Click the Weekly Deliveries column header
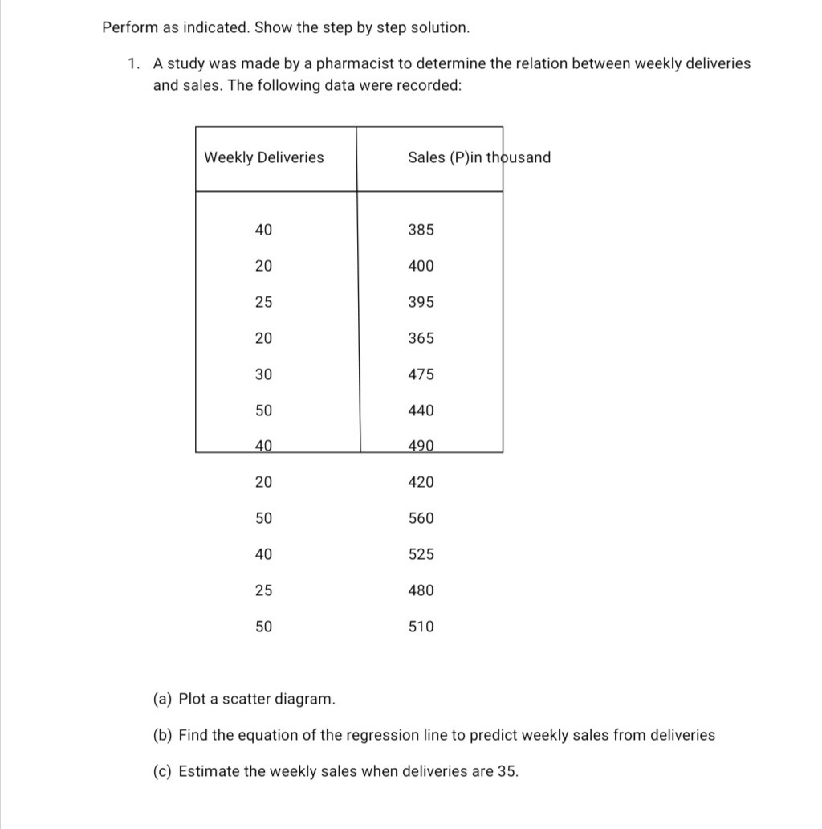tap(264, 157)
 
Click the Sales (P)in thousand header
tap(478, 157)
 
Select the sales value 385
tap(421, 230)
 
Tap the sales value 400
tap(421, 266)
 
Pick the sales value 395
tap(421, 302)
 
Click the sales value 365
tap(421, 338)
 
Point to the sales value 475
tap(421, 374)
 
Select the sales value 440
tap(421, 410)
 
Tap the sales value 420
tap(421, 482)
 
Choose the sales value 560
tap(421, 518)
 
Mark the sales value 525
tap(421, 554)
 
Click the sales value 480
tap(421, 590)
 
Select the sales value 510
tap(421, 627)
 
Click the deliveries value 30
tap(263, 374)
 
